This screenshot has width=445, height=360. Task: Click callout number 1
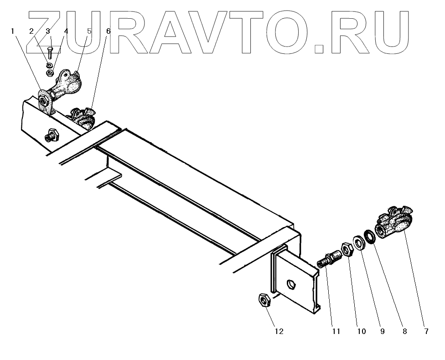13,31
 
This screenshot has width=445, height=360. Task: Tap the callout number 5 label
89,31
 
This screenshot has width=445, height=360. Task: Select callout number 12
279,332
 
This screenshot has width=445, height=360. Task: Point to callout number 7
426,332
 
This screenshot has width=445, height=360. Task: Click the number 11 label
336,332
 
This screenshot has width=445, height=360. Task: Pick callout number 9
382,332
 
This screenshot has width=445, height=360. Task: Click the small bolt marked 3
50,52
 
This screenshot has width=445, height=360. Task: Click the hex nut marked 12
264,300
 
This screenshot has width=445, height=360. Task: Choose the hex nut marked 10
348,250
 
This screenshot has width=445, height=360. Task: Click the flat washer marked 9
359,242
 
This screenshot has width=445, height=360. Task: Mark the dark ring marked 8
370,236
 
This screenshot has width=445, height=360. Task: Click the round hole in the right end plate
290,286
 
